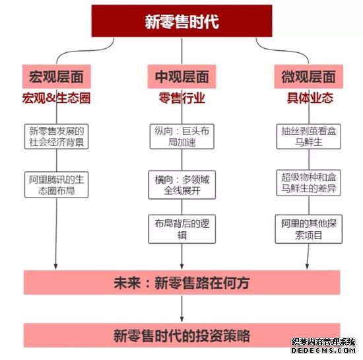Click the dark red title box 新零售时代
click(181, 21)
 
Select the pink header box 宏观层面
click(57, 77)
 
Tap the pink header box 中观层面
click(181, 77)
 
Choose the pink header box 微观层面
click(309, 77)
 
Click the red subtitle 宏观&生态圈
click(56, 98)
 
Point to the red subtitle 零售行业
click(182, 98)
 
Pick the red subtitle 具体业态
click(310, 98)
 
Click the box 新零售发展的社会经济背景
click(57, 137)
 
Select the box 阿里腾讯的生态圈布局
click(57, 185)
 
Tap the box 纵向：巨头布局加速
click(182, 137)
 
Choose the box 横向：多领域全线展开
click(182, 185)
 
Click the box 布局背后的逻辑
click(182, 229)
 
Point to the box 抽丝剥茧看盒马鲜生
click(309, 137)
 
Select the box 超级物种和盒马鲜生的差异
click(309, 183)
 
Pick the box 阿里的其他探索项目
click(309, 229)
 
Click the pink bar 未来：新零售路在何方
click(182, 283)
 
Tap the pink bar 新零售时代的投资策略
click(182, 335)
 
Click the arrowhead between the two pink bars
click(181, 319)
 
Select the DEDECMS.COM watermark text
click(323, 350)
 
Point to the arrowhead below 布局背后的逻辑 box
click(181, 266)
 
